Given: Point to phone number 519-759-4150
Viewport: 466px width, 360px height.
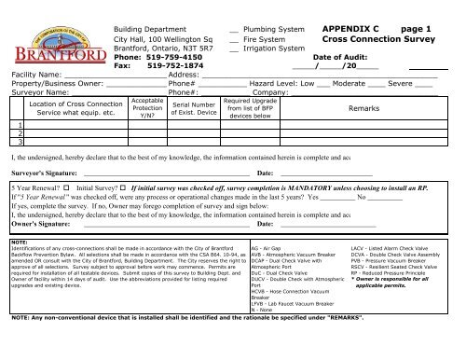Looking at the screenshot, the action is [x=166, y=55].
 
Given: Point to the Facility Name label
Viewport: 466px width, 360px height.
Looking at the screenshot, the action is [x=30, y=75].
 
